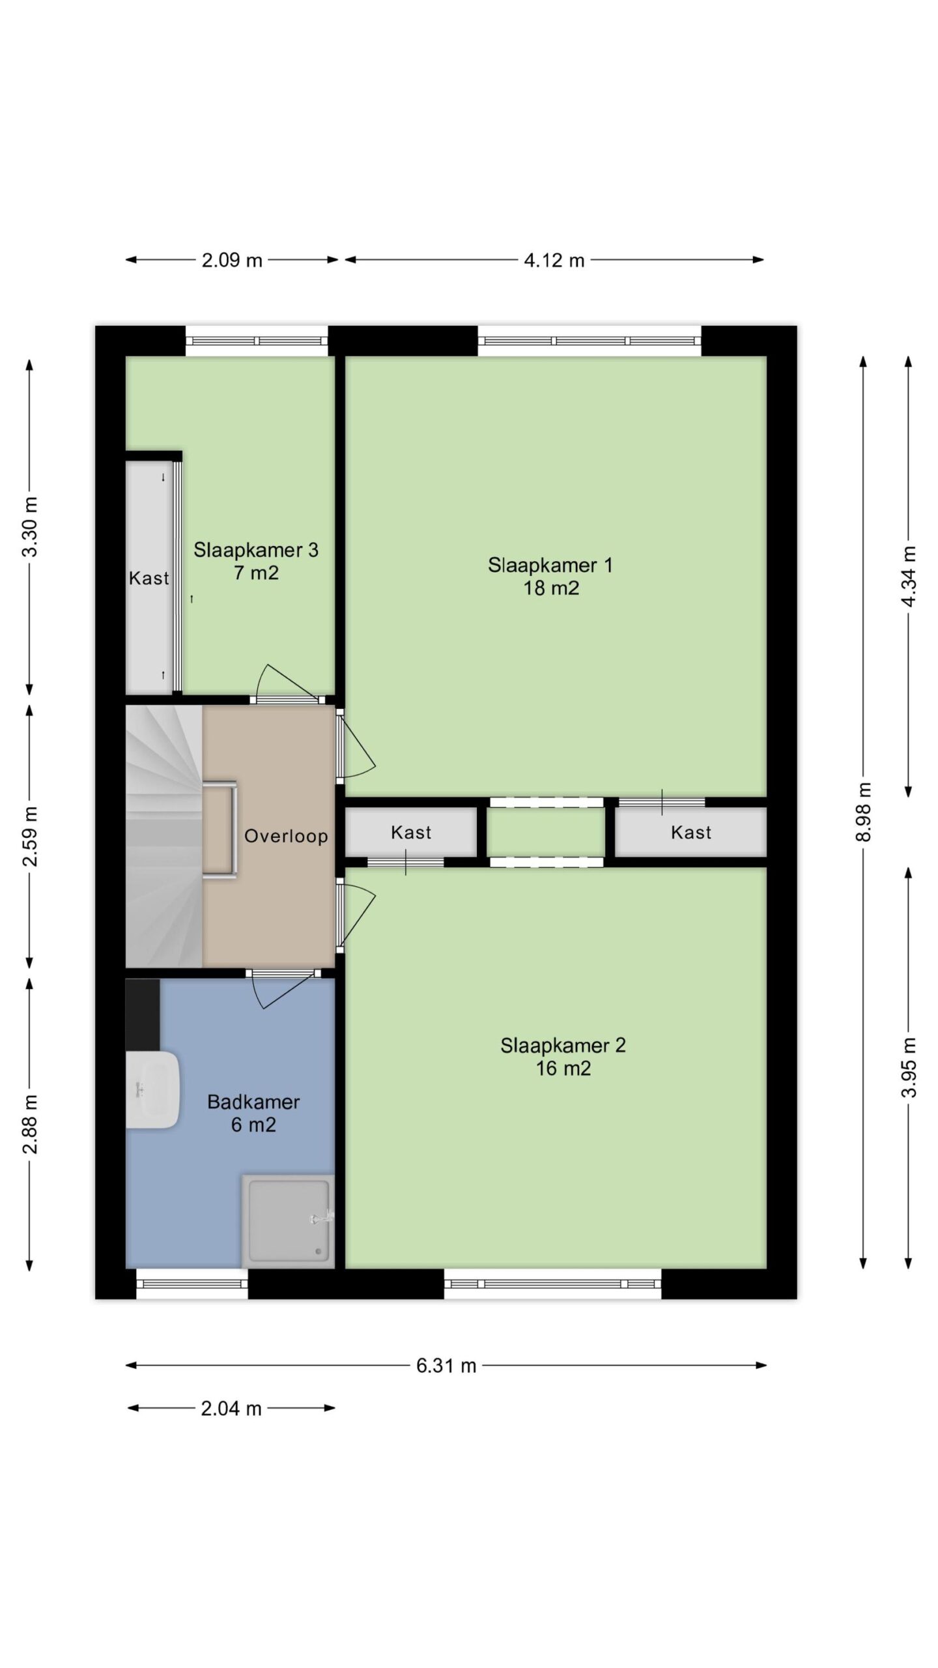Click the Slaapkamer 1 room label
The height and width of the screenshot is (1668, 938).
550,576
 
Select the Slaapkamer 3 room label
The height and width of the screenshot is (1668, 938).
256,561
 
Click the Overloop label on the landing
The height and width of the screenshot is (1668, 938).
286,836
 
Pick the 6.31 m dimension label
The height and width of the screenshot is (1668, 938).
446,1365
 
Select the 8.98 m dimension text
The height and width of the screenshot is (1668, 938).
863,812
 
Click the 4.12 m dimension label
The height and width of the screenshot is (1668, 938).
554,260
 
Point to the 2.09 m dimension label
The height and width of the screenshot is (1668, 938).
232,260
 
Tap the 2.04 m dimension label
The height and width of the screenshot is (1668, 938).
231,1408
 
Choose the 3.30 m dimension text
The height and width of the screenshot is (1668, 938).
30,526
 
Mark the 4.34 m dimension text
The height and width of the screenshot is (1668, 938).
909,576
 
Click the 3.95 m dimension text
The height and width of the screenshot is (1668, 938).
909,1067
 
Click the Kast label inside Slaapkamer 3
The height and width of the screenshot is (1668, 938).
149,578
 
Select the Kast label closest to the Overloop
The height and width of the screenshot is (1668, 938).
411,832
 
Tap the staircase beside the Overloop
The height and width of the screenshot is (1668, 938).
164,836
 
